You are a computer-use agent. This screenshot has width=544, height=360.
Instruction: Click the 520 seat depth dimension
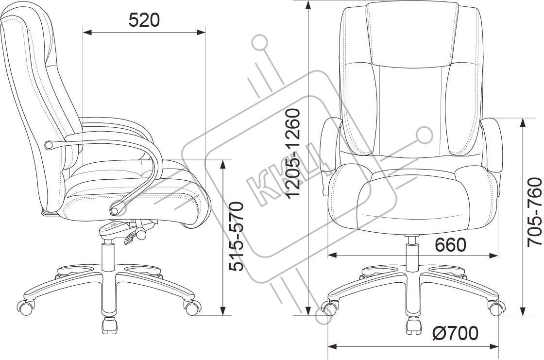[144, 20]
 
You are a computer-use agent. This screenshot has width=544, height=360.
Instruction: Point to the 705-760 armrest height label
[535, 212]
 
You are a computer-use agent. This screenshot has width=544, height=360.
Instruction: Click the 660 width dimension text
[451, 245]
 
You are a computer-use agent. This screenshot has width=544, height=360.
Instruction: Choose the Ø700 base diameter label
[455, 333]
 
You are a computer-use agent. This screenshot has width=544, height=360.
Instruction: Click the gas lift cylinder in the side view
[108, 257]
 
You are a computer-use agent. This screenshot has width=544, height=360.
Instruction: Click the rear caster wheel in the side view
[26, 307]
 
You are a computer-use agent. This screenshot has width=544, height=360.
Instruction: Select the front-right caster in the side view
[192, 307]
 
